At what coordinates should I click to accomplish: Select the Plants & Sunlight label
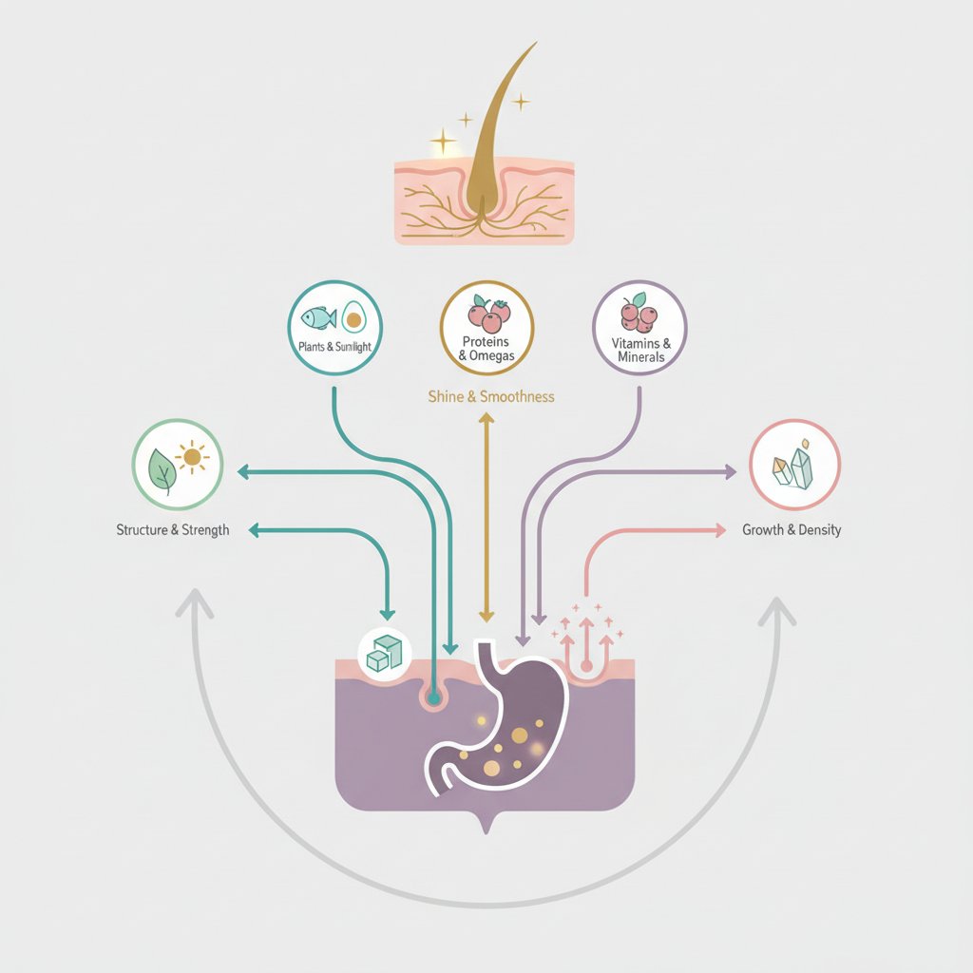point(334,348)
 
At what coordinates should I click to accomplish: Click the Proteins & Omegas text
point(487,349)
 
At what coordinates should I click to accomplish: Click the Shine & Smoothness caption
point(491,396)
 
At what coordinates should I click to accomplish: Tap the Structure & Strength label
point(172,529)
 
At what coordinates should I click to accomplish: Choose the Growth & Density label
point(792,529)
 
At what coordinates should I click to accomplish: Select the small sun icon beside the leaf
point(193,459)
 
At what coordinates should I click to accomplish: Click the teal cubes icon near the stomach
point(384,654)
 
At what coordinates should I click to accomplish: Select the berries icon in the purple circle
point(638,314)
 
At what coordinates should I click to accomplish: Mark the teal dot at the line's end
point(434,698)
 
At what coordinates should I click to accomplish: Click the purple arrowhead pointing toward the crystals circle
point(731,471)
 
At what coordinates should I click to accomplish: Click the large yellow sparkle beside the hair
point(444,143)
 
